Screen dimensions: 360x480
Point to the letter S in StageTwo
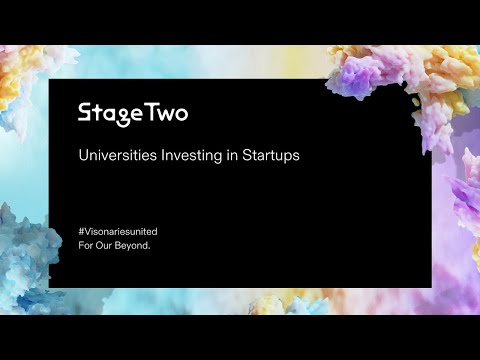point(85,112)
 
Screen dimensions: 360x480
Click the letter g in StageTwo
point(120,115)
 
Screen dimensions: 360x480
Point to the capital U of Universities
point(83,156)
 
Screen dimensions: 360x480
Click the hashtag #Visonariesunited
point(118,231)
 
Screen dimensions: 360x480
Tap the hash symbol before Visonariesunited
point(81,231)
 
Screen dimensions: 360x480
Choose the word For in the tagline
point(86,244)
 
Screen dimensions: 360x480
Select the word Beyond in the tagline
point(134,244)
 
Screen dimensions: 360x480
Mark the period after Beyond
point(150,247)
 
